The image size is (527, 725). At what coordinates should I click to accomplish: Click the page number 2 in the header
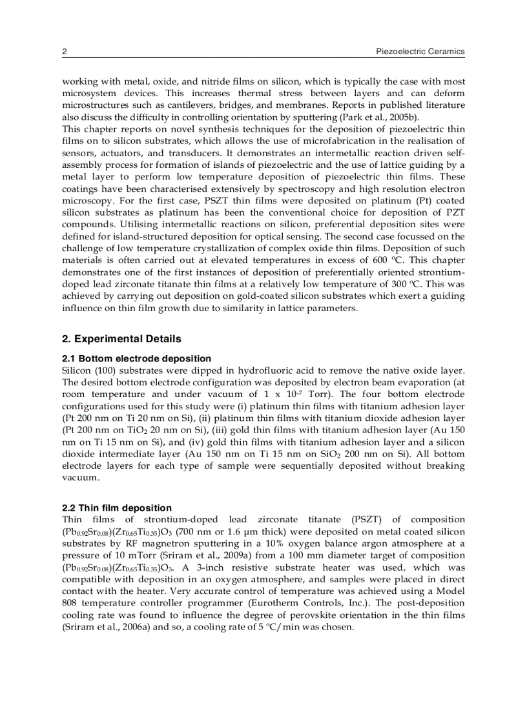[x=64, y=52]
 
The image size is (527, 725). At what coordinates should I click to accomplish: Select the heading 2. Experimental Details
[x=121, y=339]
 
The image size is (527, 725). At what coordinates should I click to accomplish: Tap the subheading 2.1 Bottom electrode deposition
[x=136, y=359]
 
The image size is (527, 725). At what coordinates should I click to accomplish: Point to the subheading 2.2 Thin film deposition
[x=117, y=508]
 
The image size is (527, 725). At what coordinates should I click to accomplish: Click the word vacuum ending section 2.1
[x=80, y=478]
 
